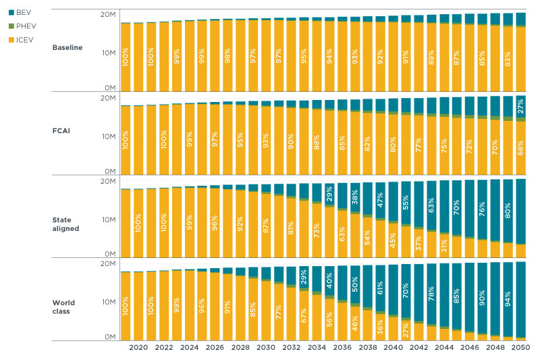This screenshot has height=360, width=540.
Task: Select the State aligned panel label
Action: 65,224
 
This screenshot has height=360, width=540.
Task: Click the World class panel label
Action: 65,307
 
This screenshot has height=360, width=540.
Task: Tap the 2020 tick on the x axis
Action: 138,347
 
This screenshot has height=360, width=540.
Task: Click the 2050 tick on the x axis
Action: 520,347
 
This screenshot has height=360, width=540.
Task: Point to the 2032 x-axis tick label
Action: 291,347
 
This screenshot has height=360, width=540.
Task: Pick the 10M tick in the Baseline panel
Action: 109,53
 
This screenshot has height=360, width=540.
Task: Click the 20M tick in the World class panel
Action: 109,264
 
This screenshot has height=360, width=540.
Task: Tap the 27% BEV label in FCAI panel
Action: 521,106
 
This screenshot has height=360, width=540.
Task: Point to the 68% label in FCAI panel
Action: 521,148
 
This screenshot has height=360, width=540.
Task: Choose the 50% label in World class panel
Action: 355,284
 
